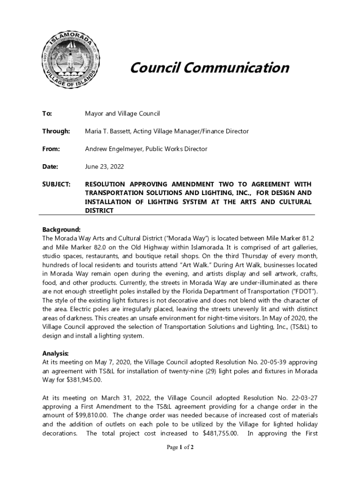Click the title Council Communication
tap(209, 68)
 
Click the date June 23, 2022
tap(104, 167)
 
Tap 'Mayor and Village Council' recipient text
tap(122, 114)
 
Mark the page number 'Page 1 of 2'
tap(180, 448)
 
